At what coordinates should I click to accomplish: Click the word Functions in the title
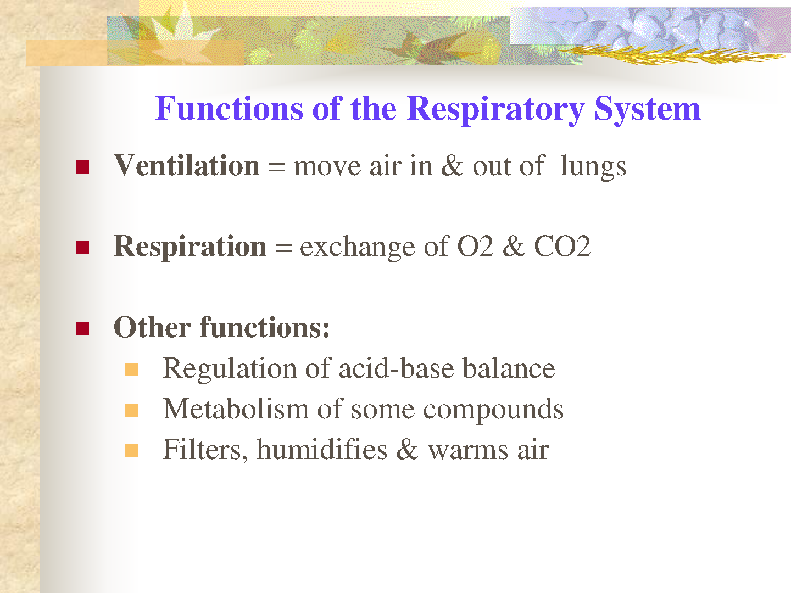[x=229, y=108]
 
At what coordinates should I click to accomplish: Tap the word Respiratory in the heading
[x=495, y=110]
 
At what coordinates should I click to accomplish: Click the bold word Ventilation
[x=187, y=165]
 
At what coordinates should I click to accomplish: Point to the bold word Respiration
[x=190, y=247]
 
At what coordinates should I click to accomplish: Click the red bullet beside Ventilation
[x=82, y=167]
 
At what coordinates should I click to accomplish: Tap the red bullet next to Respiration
[x=82, y=248]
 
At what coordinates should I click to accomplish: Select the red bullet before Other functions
[x=82, y=329]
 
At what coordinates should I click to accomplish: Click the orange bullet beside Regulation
[x=132, y=370]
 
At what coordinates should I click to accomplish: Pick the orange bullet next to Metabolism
[x=132, y=410]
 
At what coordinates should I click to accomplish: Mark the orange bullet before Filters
[x=132, y=451]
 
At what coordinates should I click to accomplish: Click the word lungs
[x=593, y=168]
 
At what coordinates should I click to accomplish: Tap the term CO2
[x=562, y=247]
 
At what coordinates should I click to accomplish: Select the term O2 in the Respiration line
[x=475, y=247]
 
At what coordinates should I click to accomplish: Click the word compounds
[x=493, y=411]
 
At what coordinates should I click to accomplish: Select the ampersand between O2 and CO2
[x=514, y=247]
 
